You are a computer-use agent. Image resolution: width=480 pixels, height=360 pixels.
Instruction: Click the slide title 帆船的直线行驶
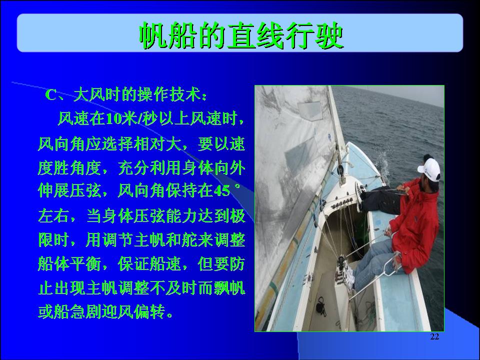click(241, 35)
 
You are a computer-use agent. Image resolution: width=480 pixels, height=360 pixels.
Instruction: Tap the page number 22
click(434, 336)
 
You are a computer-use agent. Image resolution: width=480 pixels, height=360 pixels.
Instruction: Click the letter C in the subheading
click(51, 95)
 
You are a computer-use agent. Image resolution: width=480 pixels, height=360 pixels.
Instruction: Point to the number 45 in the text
click(221, 191)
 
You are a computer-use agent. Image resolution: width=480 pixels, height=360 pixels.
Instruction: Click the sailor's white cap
click(430, 169)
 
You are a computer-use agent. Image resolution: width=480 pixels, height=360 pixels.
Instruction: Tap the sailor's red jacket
click(415, 225)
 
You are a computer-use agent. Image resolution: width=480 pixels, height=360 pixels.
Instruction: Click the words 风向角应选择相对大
click(109, 143)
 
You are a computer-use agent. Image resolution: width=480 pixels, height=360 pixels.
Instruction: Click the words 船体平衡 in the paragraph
click(69, 263)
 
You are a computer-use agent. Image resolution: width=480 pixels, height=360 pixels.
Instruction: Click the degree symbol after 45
click(237, 186)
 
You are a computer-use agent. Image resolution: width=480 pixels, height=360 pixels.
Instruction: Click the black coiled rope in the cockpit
click(320, 305)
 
